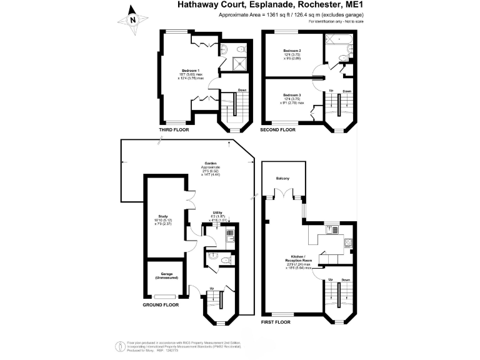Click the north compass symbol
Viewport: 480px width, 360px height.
point(133,19)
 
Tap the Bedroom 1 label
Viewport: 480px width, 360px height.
point(189,70)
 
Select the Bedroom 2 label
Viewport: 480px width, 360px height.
point(292,51)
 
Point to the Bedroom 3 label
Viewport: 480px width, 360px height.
point(292,94)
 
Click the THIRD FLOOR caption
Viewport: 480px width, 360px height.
point(174,130)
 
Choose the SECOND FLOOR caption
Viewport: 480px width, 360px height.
point(278,130)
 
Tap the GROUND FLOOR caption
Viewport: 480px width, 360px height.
point(161,305)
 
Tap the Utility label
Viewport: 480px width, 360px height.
point(217,212)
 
